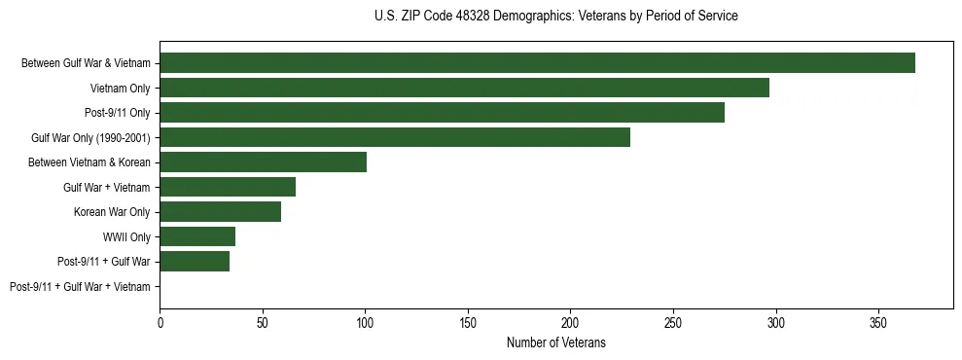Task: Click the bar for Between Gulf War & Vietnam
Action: click(537, 63)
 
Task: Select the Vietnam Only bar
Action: click(464, 88)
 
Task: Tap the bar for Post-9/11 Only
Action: click(442, 113)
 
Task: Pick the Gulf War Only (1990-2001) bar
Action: click(395, 137)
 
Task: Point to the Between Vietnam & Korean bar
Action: click(263, 162)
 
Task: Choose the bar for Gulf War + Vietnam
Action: click(228, 187)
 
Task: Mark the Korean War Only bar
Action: click(220, 212)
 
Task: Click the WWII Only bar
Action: click(197, 236)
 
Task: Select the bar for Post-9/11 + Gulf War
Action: click(195, 262)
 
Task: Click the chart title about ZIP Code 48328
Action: click(555, 17)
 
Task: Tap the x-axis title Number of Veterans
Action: click(555, 342)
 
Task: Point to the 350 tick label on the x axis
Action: click(878, 321)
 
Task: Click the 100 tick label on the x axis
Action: click(365, 321)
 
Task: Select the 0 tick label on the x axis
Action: click(160, 321)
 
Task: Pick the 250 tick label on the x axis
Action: click(673, 321)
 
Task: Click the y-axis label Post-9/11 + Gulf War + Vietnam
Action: click(80, 287)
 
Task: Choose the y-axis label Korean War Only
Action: click(112, 212)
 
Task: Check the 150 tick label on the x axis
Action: click(468, 321)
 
